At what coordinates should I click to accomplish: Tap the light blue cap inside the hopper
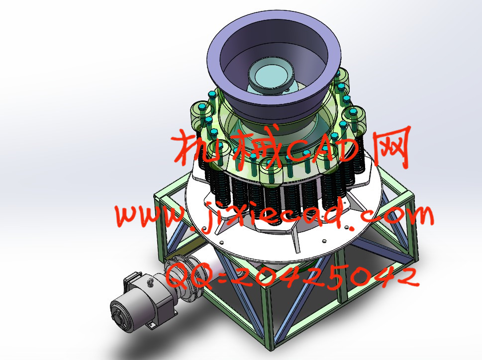[x=269, y=75]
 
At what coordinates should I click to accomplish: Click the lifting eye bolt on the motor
[x=151, y=281]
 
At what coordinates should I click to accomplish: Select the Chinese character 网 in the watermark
[x=392, y=148]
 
